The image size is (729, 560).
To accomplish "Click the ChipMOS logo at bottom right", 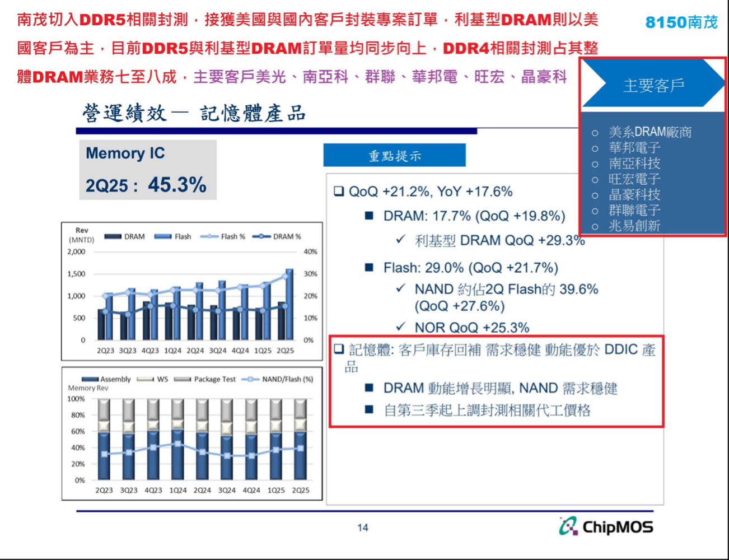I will (x=606, y=526).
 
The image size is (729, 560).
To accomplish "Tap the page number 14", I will (x=363, y=528).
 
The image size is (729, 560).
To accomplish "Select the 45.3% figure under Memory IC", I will (x=177, y=185).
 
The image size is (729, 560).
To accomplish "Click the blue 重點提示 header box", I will (x=394, y=156).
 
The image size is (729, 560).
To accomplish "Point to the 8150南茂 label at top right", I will (x=681, y=22).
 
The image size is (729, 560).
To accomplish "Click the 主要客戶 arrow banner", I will (x=653, y=85).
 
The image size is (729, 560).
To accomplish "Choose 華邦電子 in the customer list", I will (x=634, y=148).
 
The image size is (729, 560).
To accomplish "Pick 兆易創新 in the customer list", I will (x=634, y=226).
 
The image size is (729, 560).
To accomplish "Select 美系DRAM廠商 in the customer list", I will (x=649, y=132).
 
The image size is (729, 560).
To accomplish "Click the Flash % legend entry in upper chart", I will (x=224, y=236).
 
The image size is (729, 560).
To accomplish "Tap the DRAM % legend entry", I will (x=278, y=236).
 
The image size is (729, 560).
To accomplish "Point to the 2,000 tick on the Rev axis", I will (x=76, y=252).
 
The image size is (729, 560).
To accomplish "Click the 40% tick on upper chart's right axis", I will (x=310, y=252).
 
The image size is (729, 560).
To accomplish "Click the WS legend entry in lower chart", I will (x=155, y=379).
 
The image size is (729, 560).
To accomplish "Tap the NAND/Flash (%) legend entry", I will (x=278, y=379).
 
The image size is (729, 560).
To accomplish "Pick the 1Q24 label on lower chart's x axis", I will (x=177, y=490).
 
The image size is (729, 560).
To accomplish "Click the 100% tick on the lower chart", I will (x=76, y=399).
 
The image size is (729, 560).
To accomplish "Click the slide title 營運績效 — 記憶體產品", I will (x=194, y=113).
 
